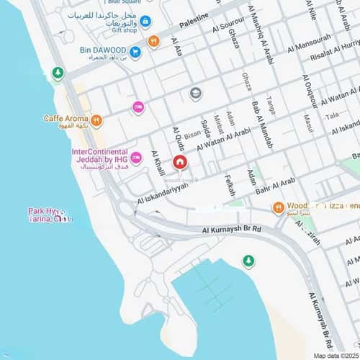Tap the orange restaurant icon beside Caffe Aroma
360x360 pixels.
96,120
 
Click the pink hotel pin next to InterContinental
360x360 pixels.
135,158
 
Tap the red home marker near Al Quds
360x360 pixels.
179,162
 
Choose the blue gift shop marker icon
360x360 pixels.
145,22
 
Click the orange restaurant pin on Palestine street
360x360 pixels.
153,41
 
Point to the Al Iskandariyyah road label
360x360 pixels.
163,188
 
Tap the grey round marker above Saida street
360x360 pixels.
195,93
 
